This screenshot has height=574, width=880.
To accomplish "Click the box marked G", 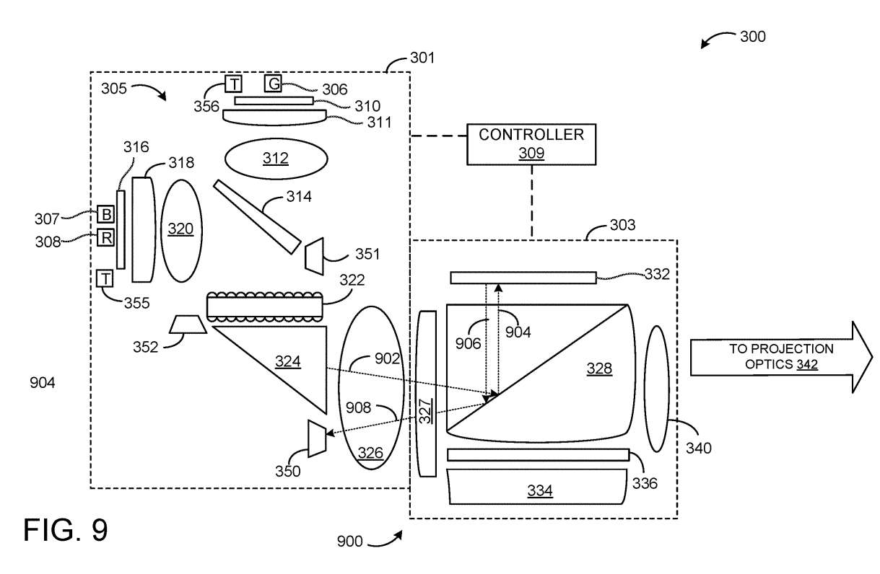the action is [x=273, y=83].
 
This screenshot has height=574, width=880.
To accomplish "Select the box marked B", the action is [x=105, y=214].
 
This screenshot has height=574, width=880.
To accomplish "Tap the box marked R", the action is [x=105, y=237].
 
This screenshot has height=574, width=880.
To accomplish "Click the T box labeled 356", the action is [x=233, y=84].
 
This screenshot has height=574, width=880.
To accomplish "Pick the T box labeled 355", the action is [x=105, y=278].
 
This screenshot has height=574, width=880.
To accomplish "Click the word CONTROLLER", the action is [x=531, y=135].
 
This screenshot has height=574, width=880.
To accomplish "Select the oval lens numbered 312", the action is [x=276, y=159].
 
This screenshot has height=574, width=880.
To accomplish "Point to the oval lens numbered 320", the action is [x=181, y=231].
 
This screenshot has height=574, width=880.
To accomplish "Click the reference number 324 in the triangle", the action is [x=287, y=361].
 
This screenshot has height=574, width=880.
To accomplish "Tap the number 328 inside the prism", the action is [x=599, y=368].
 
